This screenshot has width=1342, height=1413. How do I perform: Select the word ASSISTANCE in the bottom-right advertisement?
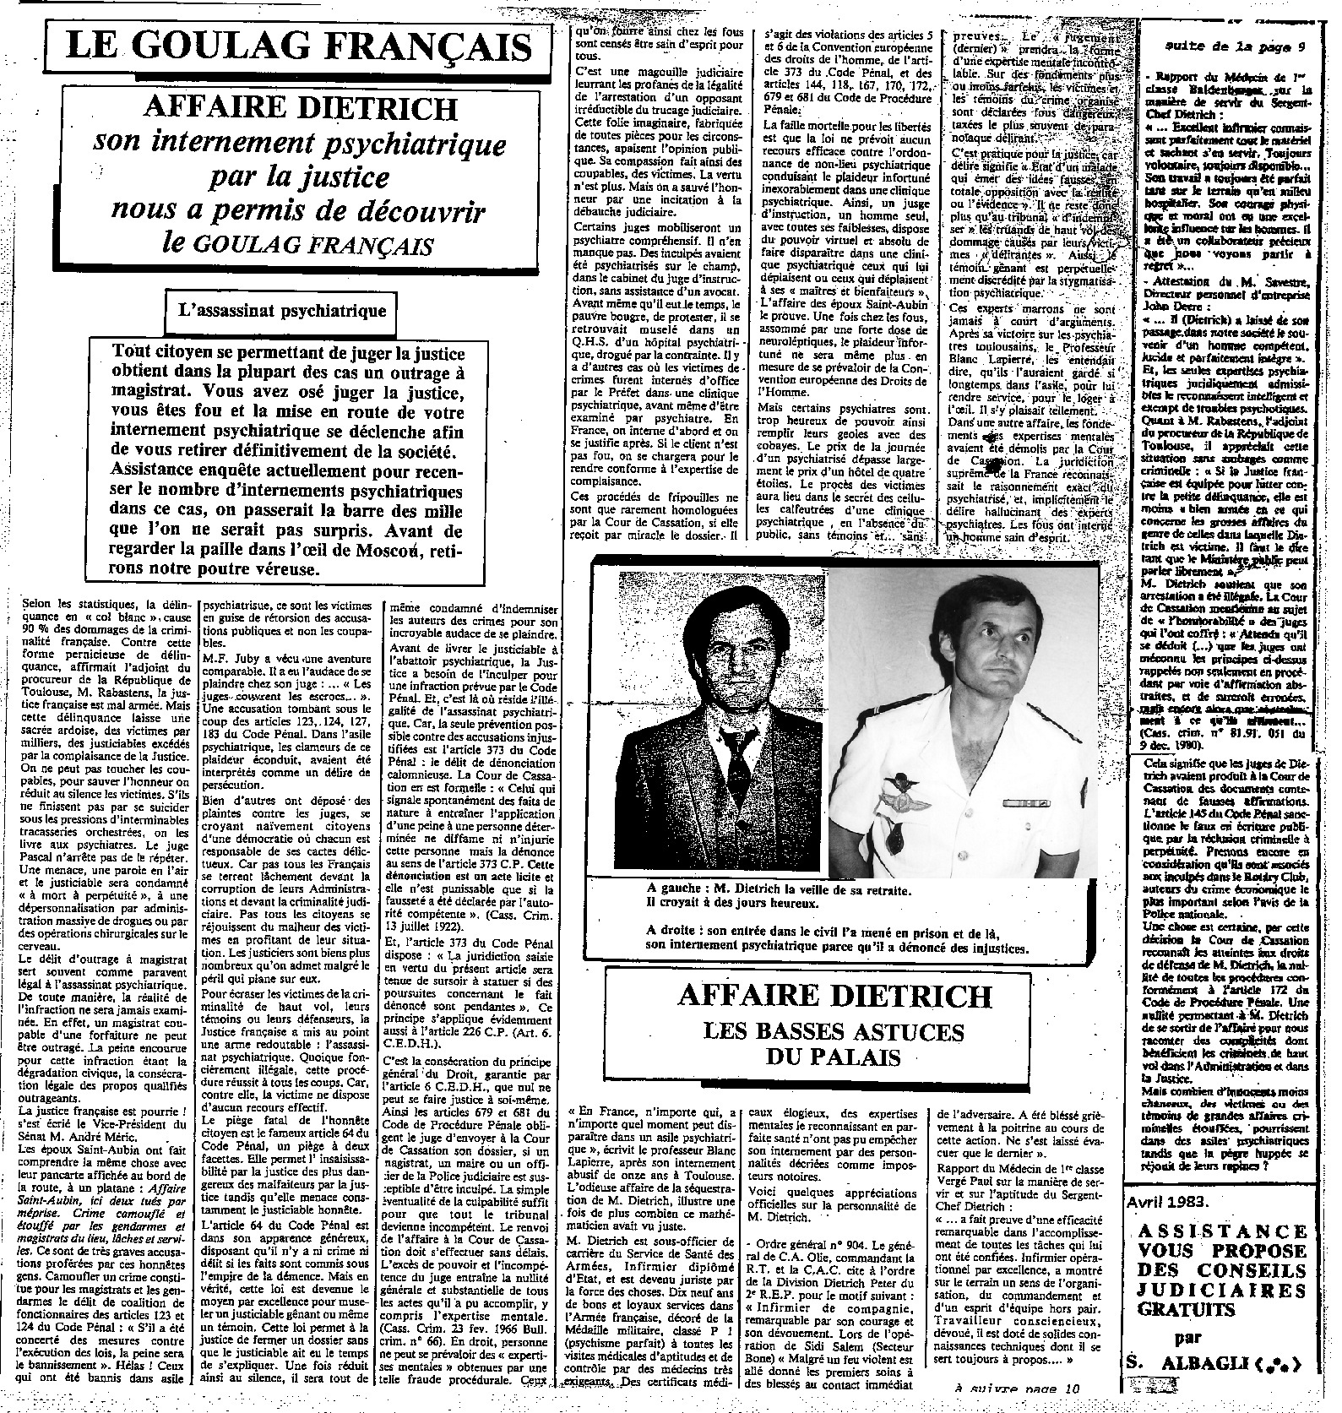pyautogui.click(x=1221, y=1231)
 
